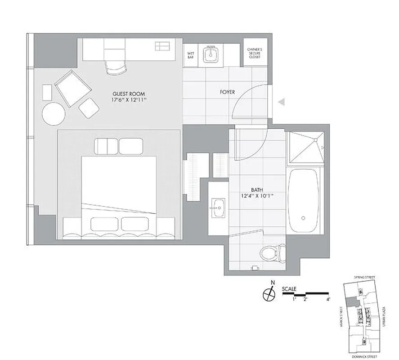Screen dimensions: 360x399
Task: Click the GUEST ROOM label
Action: (128, 94)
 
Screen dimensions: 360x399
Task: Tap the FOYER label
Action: (227, 92)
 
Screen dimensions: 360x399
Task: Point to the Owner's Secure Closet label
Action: (255, 54)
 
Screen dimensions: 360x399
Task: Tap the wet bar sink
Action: (210, 55)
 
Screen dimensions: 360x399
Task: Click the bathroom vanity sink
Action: (219, 207)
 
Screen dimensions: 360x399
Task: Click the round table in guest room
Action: (54, 113)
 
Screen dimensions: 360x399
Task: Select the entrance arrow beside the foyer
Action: (282, 103)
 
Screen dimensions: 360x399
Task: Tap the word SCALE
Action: (290, 289)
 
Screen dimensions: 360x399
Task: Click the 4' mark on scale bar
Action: (328, 299)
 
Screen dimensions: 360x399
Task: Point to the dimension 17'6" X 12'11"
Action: (129, 101)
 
